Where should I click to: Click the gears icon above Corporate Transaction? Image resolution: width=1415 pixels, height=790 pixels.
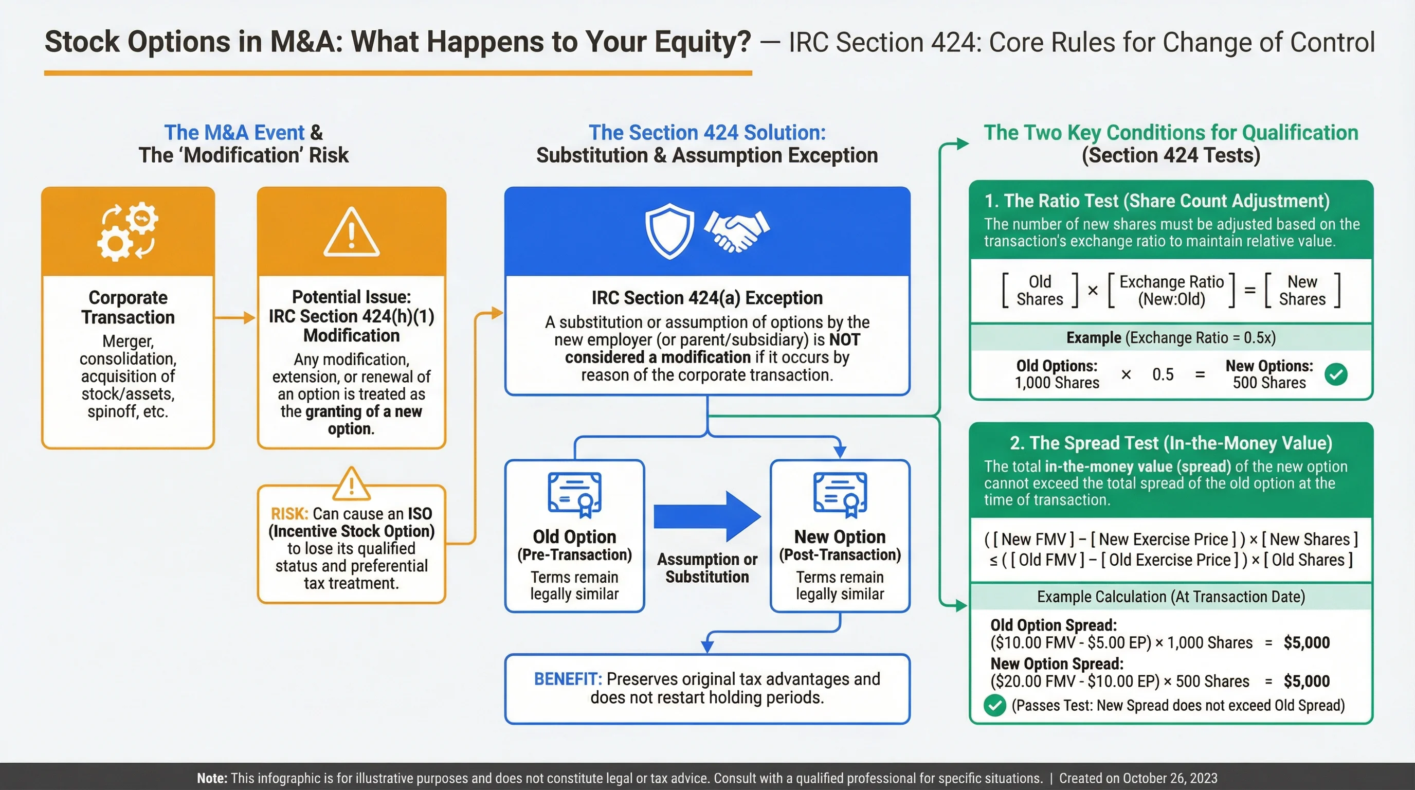point(128,231)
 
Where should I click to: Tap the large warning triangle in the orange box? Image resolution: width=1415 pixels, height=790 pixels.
point(352,234)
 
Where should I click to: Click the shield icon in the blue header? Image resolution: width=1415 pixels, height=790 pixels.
point(669,231)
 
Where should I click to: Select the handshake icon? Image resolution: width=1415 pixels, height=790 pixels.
point(737,231)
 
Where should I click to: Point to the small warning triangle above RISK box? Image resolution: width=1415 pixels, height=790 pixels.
point(352,484)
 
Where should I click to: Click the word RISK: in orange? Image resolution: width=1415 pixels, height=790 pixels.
point(289,514)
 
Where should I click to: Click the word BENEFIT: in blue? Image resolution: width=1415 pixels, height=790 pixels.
point(568,679)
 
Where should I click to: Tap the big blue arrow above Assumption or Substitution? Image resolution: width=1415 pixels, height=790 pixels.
point(707,516)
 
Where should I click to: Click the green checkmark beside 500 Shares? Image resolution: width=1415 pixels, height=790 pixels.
point(1336,374)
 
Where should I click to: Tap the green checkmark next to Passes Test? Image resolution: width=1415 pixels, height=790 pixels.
point(994,706)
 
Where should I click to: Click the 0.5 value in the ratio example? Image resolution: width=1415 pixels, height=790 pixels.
point(1163,374)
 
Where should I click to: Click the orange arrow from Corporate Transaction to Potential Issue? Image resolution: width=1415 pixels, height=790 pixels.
point(235,317)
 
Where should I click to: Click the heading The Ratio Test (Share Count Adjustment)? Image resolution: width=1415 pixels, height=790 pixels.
point(1157,201)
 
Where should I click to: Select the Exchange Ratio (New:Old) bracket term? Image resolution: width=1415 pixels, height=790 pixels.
point(1171,290)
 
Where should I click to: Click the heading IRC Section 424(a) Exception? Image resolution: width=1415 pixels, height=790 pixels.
point(707,298)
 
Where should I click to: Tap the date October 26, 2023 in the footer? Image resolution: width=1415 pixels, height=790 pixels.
point(1170,778)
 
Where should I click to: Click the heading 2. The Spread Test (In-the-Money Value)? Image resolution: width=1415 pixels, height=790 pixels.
point(1171,443)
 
